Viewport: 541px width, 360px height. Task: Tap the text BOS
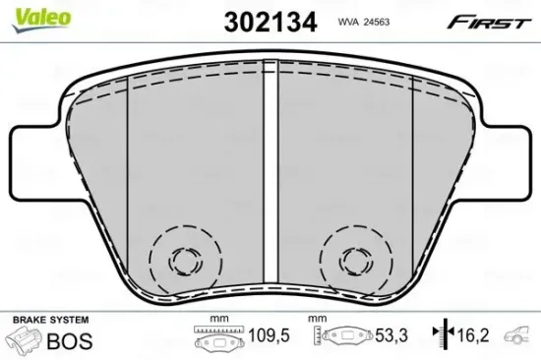pyautogui.click(x=71, y=340)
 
